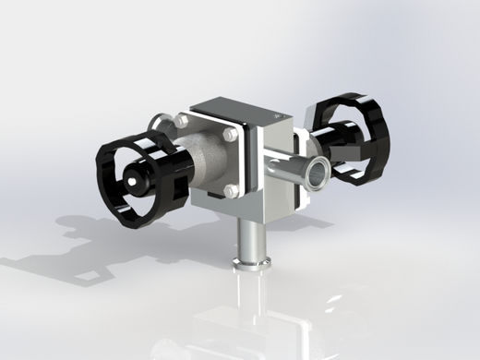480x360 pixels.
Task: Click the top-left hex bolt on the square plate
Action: [x=181, y=121]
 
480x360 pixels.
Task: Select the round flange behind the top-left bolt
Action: [x=162, y=120]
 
